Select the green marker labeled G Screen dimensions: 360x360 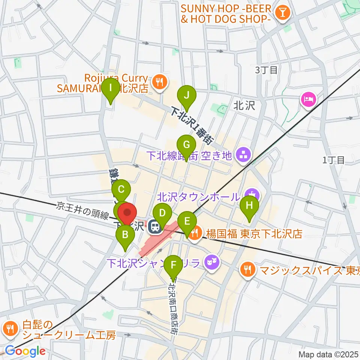pyautogui.click(x=186, y=144)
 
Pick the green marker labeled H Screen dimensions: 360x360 pyautogui.click(x=249, y=205)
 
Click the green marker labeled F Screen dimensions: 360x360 pyautogui.click(x=173, y=265)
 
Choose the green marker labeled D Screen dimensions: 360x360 pyautogui.click(x=162, y=214)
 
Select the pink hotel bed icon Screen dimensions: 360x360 pyautogui.click(x=308, y=99)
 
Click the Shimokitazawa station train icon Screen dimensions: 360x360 pyautogui.click(x=153, y=226)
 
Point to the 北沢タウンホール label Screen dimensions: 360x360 pyautogui.click(x=198, y=196)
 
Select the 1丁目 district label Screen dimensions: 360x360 pyautogui.click(x=333, y=160)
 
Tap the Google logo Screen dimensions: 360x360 pyautogui.click(x=25, y=351)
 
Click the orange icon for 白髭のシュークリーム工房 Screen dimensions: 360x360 pyautogui.click(x=9, y=329)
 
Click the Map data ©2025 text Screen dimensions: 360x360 pyautogui.click(x=328, y=354)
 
